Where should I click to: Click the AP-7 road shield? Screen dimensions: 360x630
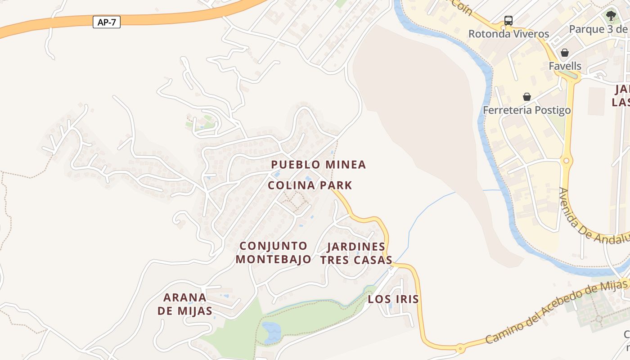pos(107,22)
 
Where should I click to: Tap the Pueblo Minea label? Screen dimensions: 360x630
pos(319,165)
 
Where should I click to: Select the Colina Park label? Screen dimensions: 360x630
pos(310,185)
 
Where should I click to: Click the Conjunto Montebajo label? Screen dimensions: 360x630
pos(273,252)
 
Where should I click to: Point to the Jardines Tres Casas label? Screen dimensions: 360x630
pos(356,253)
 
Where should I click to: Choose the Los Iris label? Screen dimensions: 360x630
pos(393,299)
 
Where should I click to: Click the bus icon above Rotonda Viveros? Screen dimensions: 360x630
pos(508,20)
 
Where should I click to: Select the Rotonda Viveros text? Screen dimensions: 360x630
pos(508,34)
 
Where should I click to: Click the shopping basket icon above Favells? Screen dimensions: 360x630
pos(565,53)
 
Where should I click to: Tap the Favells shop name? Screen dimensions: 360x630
pos(565,66)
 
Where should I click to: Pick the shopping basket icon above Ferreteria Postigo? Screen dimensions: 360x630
pos(527,97)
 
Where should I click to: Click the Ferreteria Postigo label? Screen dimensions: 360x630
pos(527,110)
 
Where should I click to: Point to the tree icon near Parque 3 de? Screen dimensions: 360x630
pos(611,16)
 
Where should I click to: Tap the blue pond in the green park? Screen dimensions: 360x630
pos(271,332)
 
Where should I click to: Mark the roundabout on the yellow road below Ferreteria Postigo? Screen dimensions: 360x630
pos(566,161)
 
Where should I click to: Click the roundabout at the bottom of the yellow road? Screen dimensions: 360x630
pos(460,348)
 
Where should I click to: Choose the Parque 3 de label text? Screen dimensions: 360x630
pos(598,29)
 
